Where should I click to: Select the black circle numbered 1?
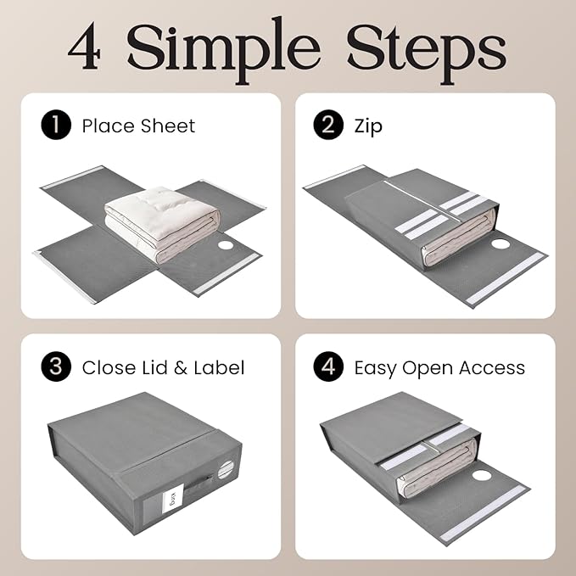(56, 126)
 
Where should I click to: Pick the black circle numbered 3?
(56, 367)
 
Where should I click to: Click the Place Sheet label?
(138, 126)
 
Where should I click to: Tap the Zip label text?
(368, 126)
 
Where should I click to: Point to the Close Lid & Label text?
(163, 367)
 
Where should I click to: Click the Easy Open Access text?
(439, 367)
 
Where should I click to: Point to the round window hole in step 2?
(501, 245)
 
